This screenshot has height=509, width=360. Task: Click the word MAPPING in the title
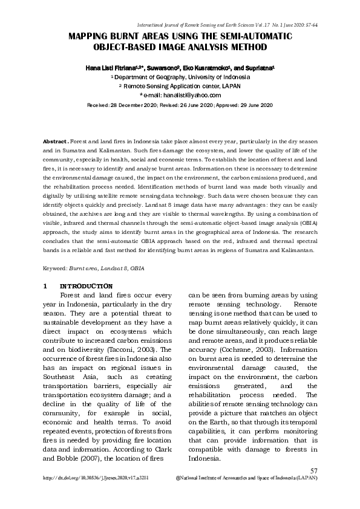(x=91, y=37)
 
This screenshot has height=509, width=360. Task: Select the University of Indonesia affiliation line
(x=180, y=78)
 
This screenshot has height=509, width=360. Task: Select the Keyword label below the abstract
(x=54, y=267)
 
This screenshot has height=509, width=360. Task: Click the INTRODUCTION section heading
(x=86, y=285)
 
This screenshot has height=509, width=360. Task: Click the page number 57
(x=313, y=470)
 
